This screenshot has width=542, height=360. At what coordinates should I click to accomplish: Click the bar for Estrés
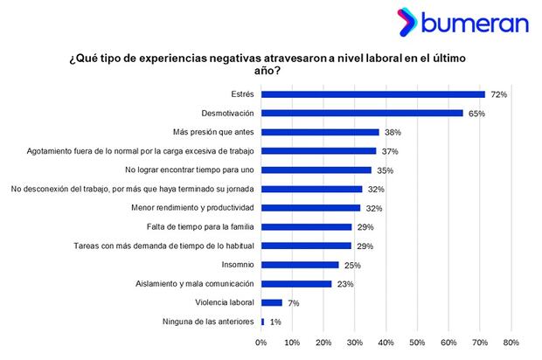coord(372,93)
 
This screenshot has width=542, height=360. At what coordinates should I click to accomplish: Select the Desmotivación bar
coord(362,113)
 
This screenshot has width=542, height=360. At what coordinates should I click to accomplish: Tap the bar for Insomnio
coord(300,265)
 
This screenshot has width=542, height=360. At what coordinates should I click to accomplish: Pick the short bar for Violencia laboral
coord(271,302)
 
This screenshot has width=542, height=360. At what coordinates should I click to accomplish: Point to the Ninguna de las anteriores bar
coord(262,322)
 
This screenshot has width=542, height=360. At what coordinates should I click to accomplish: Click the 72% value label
coord(499,93)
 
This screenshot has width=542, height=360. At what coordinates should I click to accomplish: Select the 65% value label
coord(477,113)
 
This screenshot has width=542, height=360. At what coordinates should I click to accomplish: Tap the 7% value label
coord(295,302)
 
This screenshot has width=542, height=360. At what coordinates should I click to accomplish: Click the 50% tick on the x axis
coord(417,343)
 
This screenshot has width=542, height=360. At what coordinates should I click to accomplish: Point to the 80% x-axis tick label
coord(511,343)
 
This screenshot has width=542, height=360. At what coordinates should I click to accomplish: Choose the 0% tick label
coord(261,343)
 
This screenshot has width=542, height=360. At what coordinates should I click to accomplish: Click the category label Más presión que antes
coord(211,132)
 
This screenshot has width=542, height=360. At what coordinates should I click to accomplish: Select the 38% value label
coord(393,132)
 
